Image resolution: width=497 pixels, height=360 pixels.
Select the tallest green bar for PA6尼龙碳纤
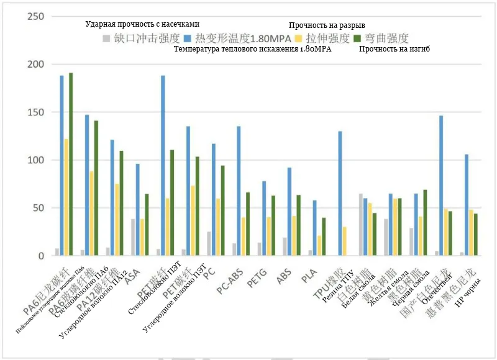click(x=71, y=164)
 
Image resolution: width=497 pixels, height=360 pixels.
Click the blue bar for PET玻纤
click(x=163, y=165)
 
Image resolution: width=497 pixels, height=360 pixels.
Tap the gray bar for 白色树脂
click(x=361, y=225)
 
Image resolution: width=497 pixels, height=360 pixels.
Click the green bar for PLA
click(x=324, y=236)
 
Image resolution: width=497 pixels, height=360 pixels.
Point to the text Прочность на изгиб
click(x=394, y=48)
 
